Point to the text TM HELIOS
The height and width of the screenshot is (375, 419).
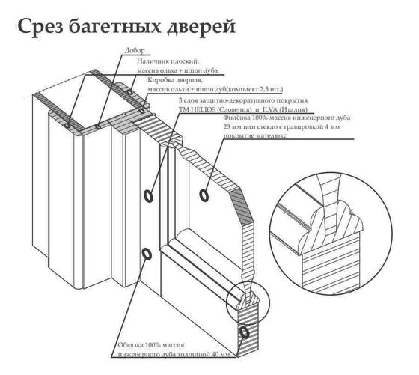(x=198, y=108)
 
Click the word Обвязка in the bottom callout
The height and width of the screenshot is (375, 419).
(x=132, y=345)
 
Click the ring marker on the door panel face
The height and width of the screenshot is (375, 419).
(x=204, y=195)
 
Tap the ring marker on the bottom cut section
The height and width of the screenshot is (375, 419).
(x=244, y=331)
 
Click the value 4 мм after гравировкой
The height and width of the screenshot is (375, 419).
(x=343, y=127)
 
